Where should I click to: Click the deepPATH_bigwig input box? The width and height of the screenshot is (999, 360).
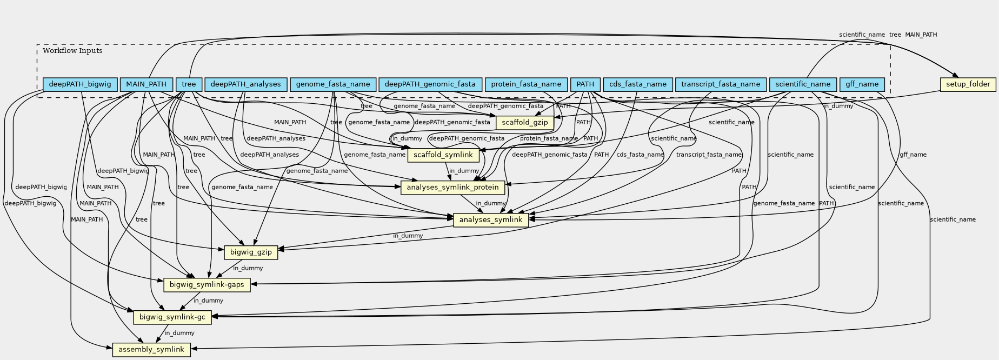click(x=80, y=84)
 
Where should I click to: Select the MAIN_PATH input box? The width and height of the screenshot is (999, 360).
click(x=146, y=84)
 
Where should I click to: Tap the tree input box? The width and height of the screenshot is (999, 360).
click(x=189, y=84)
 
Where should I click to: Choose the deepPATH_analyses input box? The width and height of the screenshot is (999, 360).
click(x=245, y=84)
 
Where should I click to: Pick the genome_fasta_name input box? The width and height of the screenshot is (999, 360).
click(x=333, y=84)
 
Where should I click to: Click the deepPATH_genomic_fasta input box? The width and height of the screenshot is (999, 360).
click(x=430, y=84)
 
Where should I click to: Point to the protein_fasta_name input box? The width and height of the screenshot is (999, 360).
click(x=526, y=84)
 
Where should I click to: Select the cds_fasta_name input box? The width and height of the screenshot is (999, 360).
click(x=638, y=84)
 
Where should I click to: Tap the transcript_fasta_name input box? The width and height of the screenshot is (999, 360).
click(x=721, y=84)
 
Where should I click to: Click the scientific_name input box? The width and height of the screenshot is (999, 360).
click(x=802, y=84)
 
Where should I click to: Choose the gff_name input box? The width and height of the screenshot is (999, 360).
click(x=862, y=84)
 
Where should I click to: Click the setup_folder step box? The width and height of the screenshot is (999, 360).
click(x=968, y=84)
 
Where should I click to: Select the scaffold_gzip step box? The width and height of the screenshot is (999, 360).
click(x=524, y=123)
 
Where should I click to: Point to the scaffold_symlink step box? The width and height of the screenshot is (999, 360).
click(x=443, y=155)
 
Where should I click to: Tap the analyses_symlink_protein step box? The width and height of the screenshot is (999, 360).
click(x=453, y=188)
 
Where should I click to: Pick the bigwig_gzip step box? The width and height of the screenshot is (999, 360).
click(x=251, y=252)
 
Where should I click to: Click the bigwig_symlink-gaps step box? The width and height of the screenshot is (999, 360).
click(x=207, y=285)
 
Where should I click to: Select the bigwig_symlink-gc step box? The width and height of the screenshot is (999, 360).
click(x=172, y=317)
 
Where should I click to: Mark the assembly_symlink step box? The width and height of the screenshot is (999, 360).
click(x=151, y=350)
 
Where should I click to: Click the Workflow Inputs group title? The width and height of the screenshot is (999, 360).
click(x=72, y=51)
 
